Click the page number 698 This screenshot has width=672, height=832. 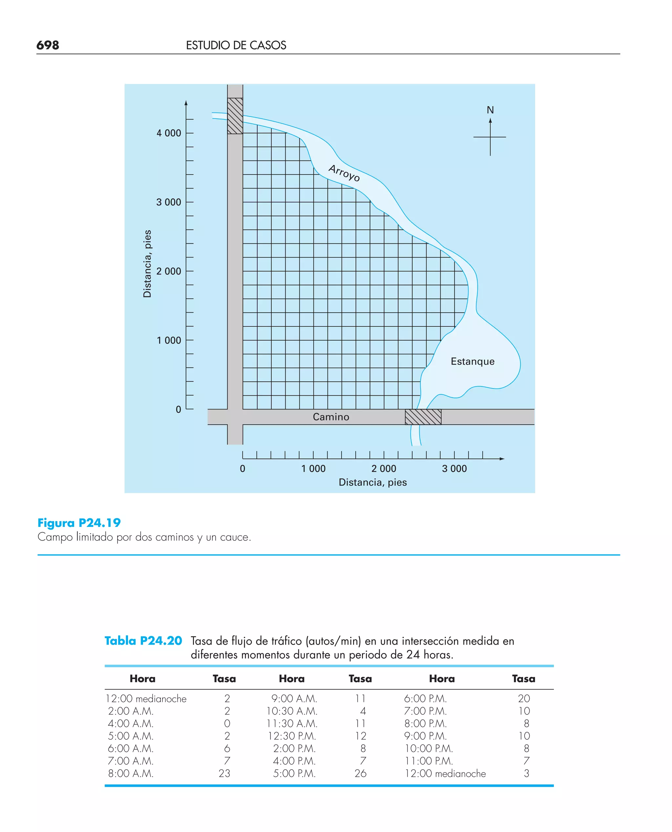click(x=48, y=45)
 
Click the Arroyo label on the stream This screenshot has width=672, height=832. click(x=344, y=173)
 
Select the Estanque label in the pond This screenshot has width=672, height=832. click(x=472, y=362)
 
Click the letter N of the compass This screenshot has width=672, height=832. click(x=490, y=110)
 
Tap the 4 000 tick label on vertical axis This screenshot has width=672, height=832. click(x=168, y=133)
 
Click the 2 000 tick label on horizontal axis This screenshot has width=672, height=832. click(x=384, y=468)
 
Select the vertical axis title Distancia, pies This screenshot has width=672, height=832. click(x=147, y=263)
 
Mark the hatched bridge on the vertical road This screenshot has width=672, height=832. click(x=235, y=116)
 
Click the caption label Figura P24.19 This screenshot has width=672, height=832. click(x=79, y=523)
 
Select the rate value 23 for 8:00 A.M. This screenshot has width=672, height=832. click(x=224, y=773)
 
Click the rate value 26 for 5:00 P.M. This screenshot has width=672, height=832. click(x=360, y=773)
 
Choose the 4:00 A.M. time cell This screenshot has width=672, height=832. click(x=131, y=723)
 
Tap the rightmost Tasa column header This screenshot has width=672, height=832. click(x=523, y=679)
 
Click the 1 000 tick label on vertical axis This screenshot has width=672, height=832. click(x=168, y=341)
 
